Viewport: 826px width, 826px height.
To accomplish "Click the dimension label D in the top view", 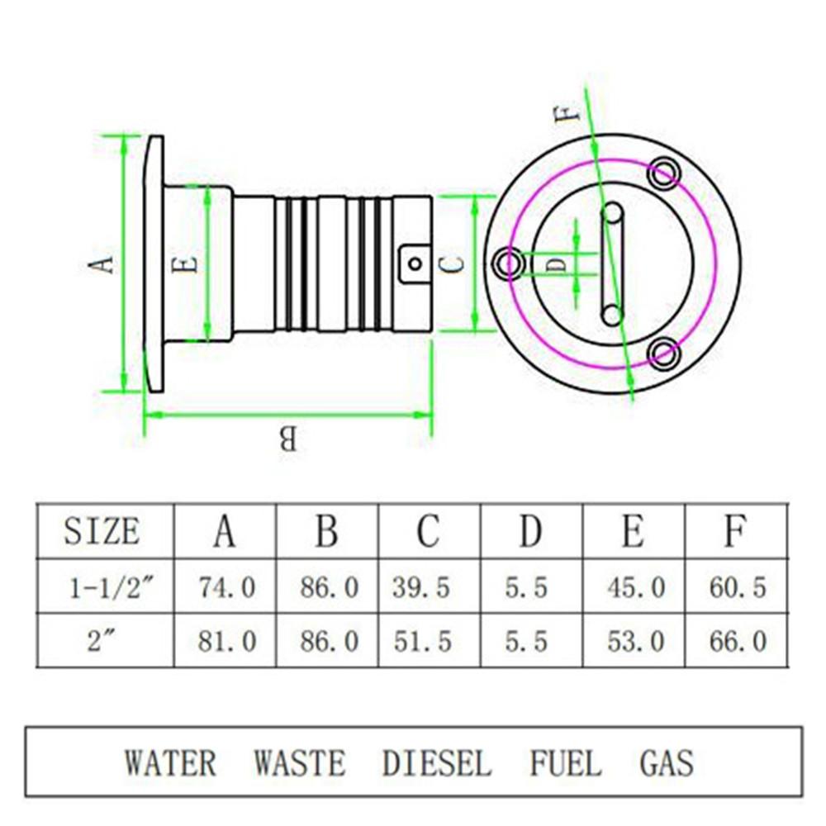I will pyautogui.click(x=558, y=264).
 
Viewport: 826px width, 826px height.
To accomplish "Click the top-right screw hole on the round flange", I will pyautogui.click(x=664, y=173).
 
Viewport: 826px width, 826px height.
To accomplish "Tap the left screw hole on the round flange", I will pyautogui.click(x=506, y=263).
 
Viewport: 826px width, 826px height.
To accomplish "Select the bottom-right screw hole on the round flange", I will pyautogui.click(x=663, y=354).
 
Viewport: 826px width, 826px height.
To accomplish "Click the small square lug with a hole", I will pyautogui.click(x=415, y=263).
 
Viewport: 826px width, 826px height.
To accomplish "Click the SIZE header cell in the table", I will pyautogui.click(x=102, y=531).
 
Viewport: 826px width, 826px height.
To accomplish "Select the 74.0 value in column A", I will pyautogui.click(x=226, y=587).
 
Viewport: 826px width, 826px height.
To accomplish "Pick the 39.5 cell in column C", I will pyautogui.click(x=422, y=587).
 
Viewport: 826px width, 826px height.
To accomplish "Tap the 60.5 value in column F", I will pyautogui.click(x=738, y=587).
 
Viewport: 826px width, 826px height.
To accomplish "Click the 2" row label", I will pyautogui.click(x=100, y=641).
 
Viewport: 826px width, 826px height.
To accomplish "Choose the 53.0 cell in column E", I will pyautogui.click(x=635, y=641).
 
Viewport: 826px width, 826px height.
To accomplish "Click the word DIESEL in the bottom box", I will pyautogui.click(x=436, y=762).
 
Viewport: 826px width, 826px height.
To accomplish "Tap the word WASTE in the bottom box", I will pyautogui.click(x=299, y=762).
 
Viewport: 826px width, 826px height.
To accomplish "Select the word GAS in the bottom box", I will pyautogui.click(x=667, y=762).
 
